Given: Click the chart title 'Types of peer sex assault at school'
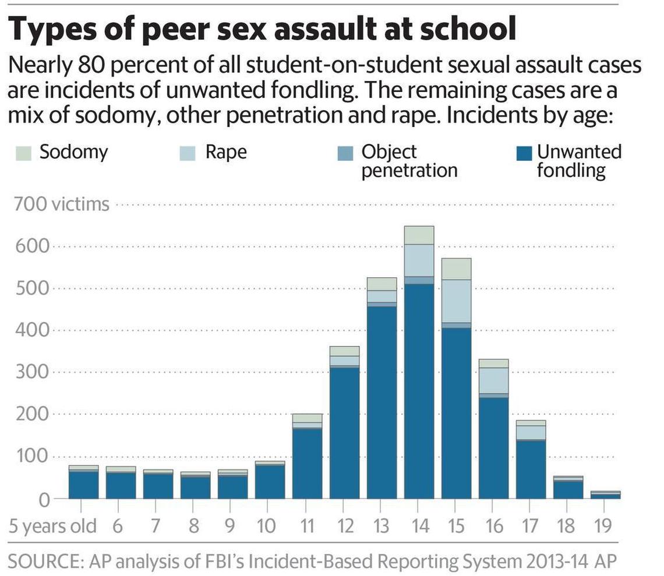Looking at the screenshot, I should tap(263, 30).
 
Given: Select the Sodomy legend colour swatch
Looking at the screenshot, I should tap(22, 153).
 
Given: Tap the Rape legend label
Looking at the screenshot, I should tap(226, 153).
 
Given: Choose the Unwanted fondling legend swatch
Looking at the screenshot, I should tap(525, 154).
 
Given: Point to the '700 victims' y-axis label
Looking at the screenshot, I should tap(61, 204).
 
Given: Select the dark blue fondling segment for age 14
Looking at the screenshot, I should tap(419, 390).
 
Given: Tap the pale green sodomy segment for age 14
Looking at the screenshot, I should tap(419, 235).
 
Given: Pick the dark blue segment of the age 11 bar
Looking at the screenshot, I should tap(307, 463).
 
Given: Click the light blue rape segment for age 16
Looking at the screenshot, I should tap(494, 380).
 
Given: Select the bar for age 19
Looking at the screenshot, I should tap(605, 495).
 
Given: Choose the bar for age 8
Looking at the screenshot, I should tap(195, 486).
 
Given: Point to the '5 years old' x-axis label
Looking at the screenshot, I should tap(53, 526).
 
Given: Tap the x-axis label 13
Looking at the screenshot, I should tap(382, 526).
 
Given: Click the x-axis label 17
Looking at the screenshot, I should tap(531, 526).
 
